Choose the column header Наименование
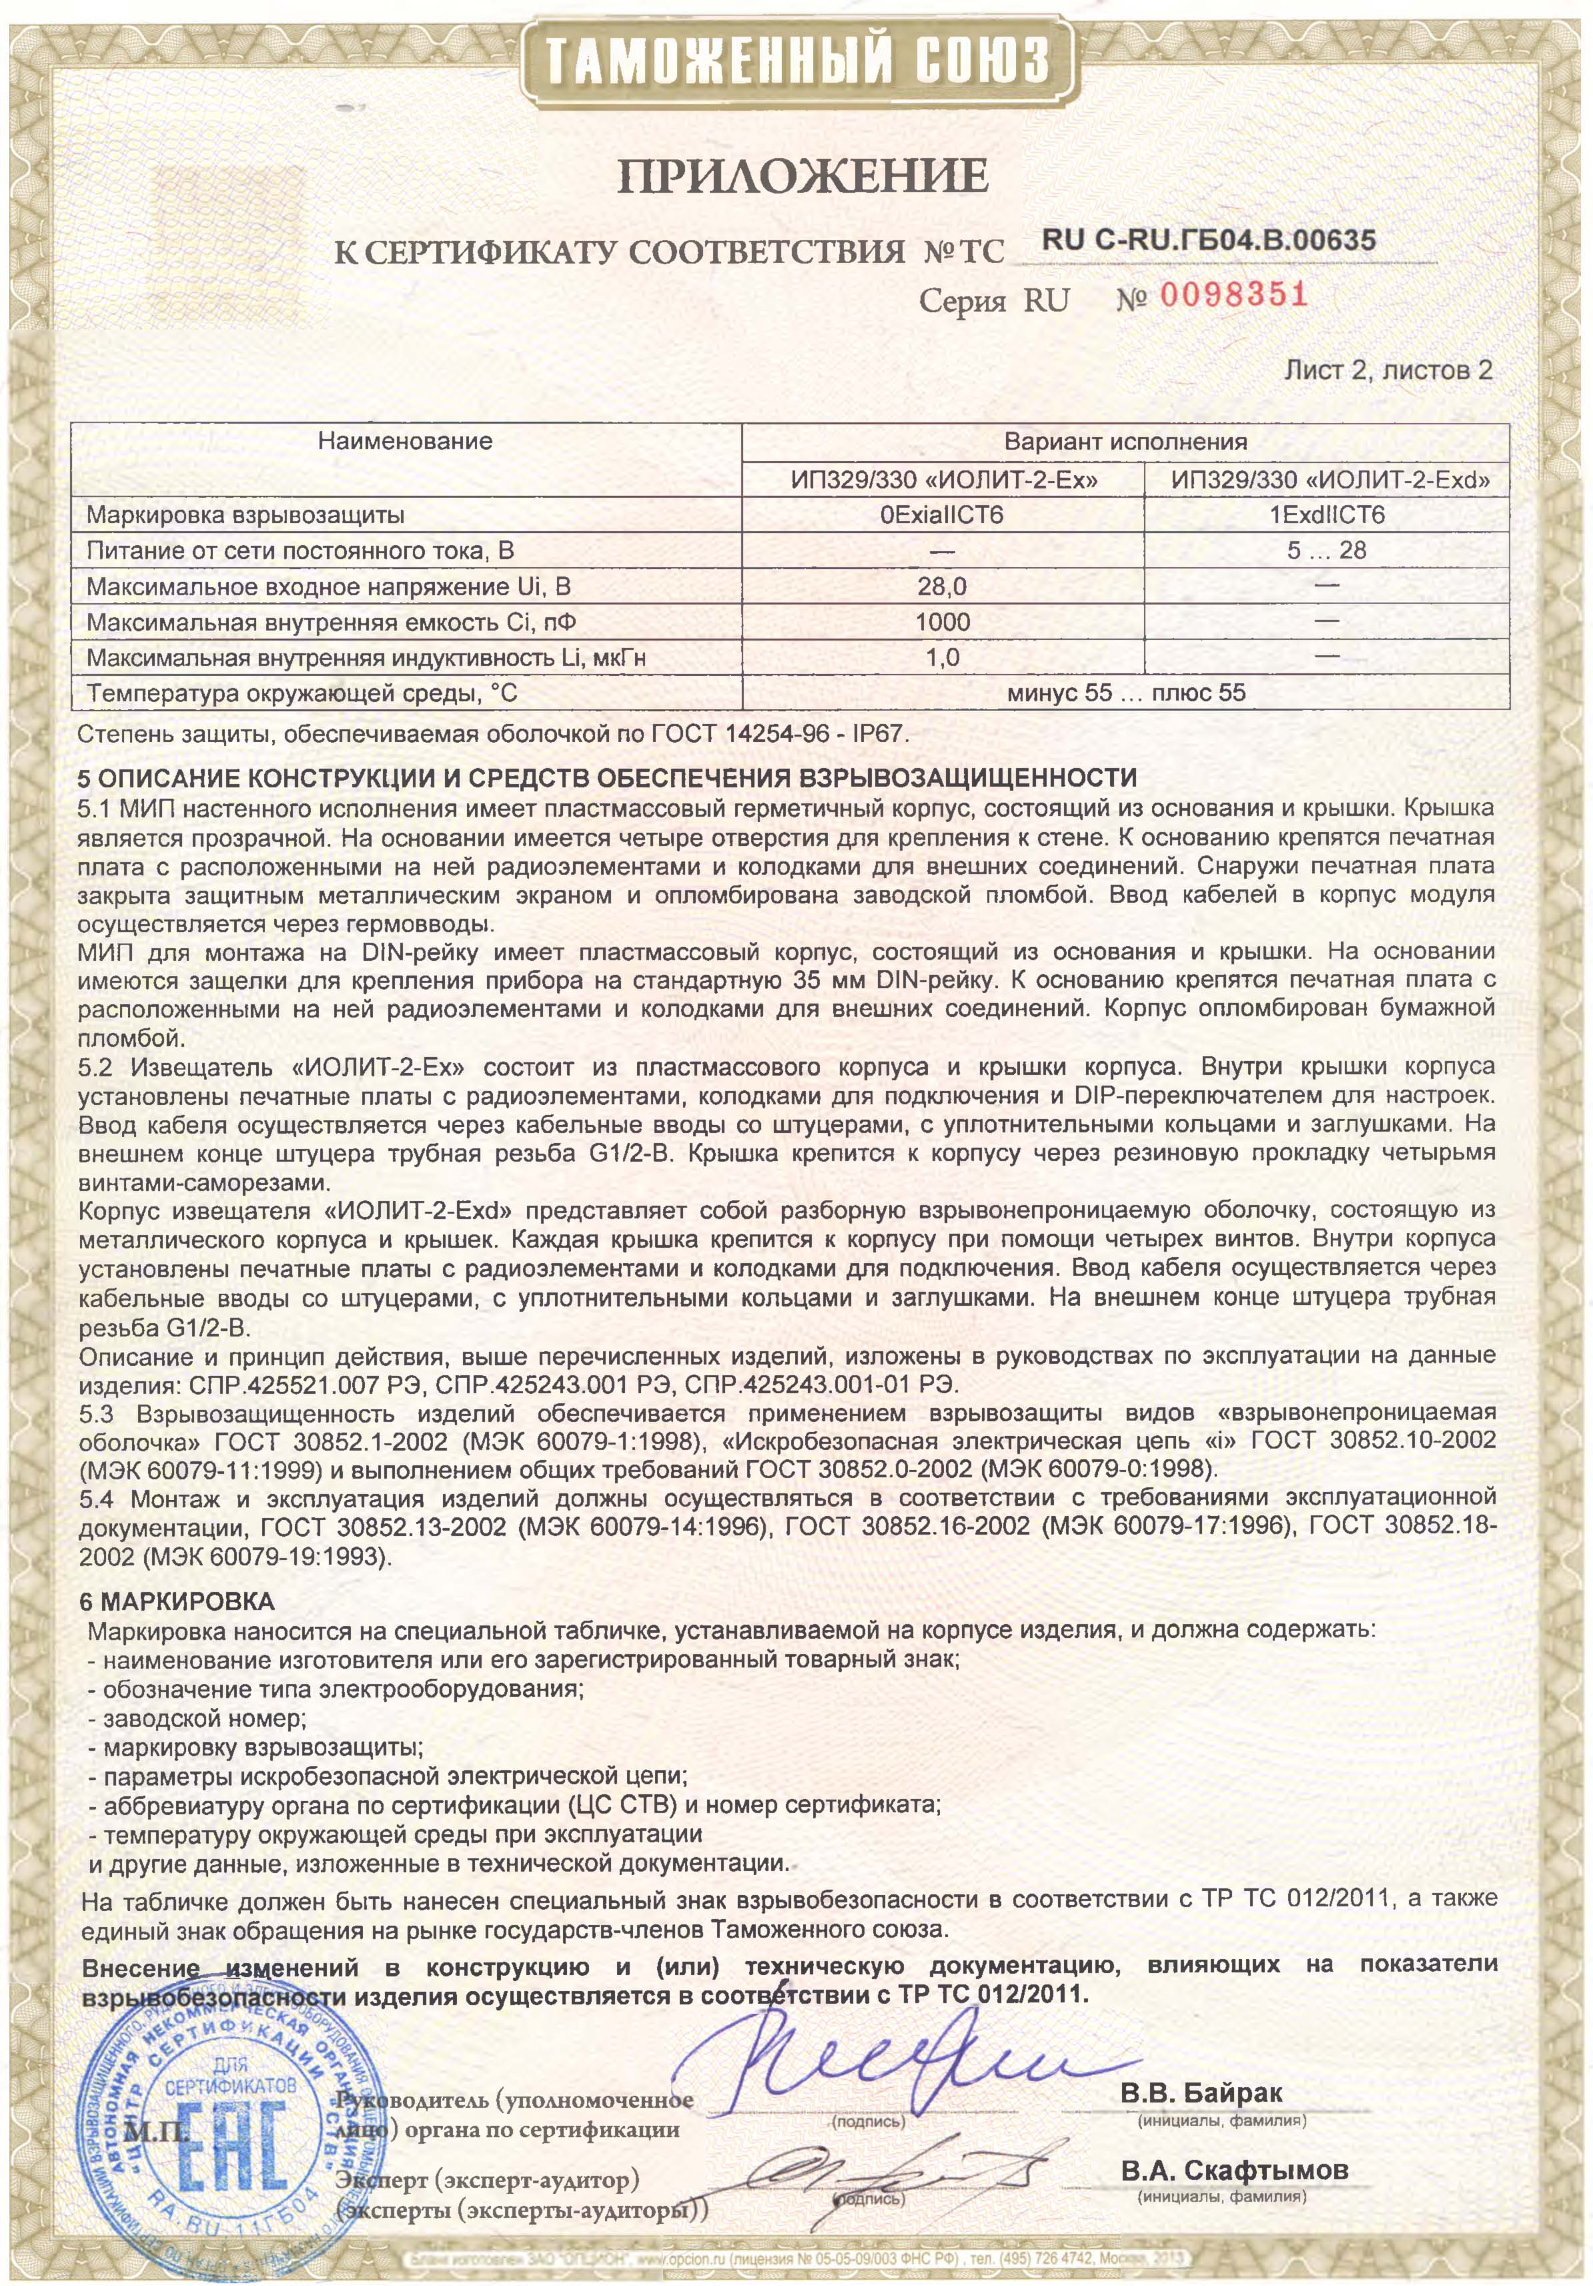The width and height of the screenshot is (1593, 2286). point(405,440)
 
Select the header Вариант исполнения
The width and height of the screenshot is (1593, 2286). point(1125,442)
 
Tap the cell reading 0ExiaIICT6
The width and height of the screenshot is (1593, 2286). point(942,516)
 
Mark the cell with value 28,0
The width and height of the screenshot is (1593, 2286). point(942,587)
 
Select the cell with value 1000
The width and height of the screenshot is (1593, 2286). point(942,623)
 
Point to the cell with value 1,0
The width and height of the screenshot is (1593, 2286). point(942,657)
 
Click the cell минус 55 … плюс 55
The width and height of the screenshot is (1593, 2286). point(1125,693)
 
